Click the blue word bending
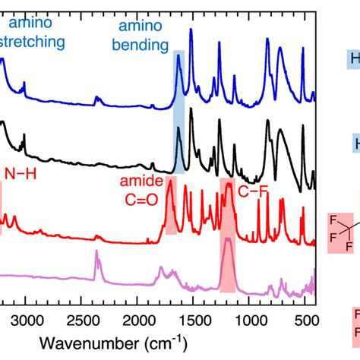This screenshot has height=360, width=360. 141,45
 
